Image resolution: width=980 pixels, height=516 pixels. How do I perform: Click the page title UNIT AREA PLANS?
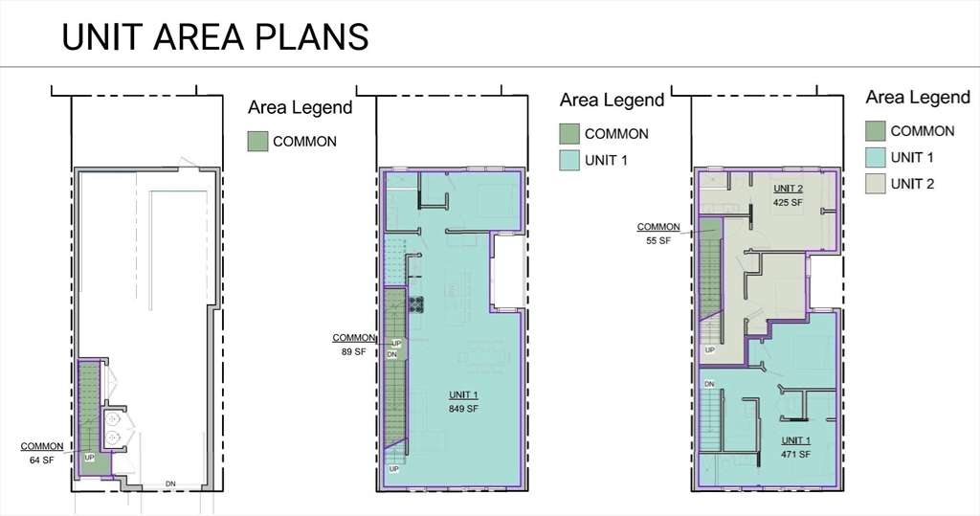[214, 36]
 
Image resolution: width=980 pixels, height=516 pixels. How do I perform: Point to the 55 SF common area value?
[657, 241]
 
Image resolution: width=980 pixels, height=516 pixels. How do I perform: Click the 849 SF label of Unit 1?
[462, 409]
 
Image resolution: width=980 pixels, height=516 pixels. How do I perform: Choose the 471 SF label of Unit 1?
[794, 454]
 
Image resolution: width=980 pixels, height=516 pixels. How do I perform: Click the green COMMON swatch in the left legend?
[257, 142]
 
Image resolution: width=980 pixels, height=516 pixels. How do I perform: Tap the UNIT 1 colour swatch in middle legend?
[569, 161]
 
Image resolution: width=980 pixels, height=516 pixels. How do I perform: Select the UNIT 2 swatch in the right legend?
[875, 183]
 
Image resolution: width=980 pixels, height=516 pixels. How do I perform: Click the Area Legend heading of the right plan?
[917, 97]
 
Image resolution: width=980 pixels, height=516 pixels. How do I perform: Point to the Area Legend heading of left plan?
[300, 107]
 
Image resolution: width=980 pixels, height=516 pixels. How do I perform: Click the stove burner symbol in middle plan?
[416, 304]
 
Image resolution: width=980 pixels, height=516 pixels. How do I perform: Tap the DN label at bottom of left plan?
[171, 482]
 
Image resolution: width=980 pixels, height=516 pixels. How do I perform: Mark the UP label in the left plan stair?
[89, 457]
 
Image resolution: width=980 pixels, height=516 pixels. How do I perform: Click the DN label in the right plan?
[709, 384]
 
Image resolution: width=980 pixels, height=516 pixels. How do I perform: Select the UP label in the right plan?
[709, 350]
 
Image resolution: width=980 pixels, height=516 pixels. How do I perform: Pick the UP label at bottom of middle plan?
[393, 469]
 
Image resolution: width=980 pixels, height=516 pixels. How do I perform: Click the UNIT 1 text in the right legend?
[911, 157]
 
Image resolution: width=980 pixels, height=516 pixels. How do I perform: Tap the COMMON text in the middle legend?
[616, 134]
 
